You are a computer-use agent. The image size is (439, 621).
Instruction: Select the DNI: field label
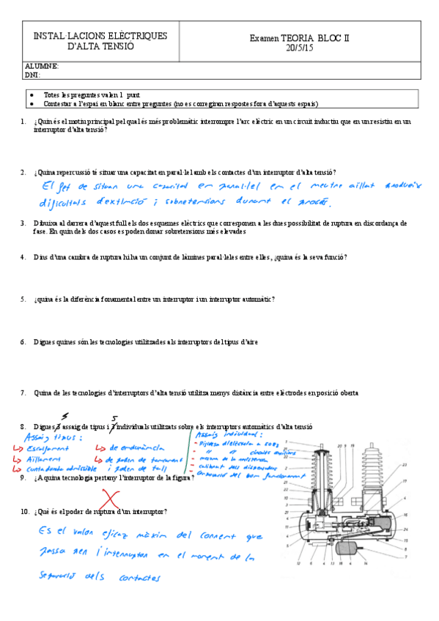[32, 74]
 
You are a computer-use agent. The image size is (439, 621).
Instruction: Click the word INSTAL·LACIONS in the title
[65, 35]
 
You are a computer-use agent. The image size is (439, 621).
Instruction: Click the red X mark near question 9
[110, 501]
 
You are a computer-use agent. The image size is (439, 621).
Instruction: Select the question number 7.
[24, 393]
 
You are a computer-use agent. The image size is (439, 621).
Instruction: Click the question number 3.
[24, 223]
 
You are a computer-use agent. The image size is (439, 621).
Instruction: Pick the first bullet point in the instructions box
[31, 95]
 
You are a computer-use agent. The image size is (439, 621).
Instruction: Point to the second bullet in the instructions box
[31, 103]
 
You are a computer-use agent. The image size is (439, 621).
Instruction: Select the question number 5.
[24, 299]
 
